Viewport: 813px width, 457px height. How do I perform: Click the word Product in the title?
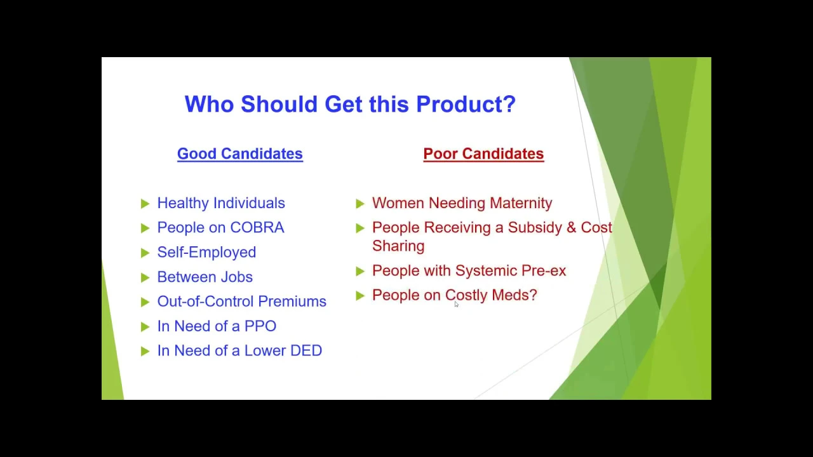coord(466,104)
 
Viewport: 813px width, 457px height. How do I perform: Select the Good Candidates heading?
coord(240,154)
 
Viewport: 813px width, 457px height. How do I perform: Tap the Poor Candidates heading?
coord(483,154)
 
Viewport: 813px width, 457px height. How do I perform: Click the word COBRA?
coord(257,228)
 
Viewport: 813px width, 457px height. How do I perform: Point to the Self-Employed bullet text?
coord(206,253)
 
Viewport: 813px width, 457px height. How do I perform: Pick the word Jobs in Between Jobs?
coord(236,277)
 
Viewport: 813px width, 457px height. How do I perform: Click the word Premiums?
coord(292,301)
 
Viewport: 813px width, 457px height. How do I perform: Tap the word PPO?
coord(260,326)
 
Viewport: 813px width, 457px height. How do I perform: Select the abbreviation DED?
coord(306,351)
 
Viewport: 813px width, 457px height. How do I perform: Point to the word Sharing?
coord(398,246)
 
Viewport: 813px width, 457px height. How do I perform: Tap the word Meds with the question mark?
coord(514,295)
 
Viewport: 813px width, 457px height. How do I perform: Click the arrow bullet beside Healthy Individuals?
coord(145,204)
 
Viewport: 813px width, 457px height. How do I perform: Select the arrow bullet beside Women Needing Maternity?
coord(360,204)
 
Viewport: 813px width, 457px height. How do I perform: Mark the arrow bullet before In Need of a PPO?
coord(145,327)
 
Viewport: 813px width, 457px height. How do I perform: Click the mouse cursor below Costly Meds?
coord(456,304)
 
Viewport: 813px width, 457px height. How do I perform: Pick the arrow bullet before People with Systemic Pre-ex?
coord(360,271)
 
